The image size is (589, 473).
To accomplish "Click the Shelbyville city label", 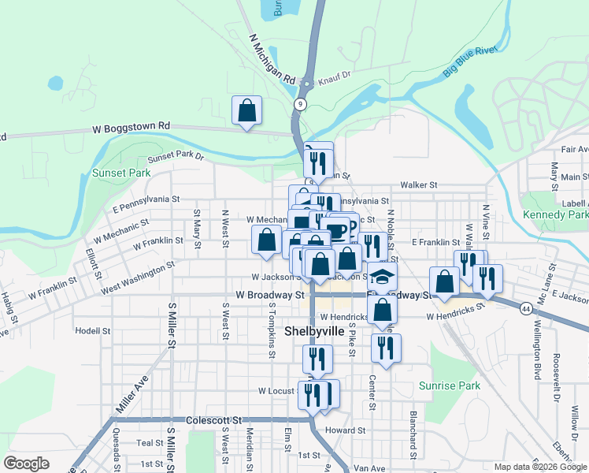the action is pos(313,331).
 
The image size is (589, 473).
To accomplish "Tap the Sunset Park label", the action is pos(121,173).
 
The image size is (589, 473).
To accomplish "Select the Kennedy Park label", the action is pos(554,214).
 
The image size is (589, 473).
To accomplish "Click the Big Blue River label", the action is pos(470,61).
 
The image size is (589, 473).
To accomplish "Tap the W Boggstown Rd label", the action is pos(132,126).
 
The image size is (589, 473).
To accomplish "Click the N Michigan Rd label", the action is pos(271,59).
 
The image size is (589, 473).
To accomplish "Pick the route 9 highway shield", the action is pos(300,104).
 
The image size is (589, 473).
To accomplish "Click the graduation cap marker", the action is pos(382,277).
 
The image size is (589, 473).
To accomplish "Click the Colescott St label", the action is pos(213,420).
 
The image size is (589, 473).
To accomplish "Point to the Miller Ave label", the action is pos(132,395).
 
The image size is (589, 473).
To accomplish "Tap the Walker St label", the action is pos(418,185).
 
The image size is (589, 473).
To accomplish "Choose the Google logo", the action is pos(26,464).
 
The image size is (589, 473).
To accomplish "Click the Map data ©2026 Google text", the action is pos(539,467).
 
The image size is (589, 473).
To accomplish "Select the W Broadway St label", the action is pos(269,295).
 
